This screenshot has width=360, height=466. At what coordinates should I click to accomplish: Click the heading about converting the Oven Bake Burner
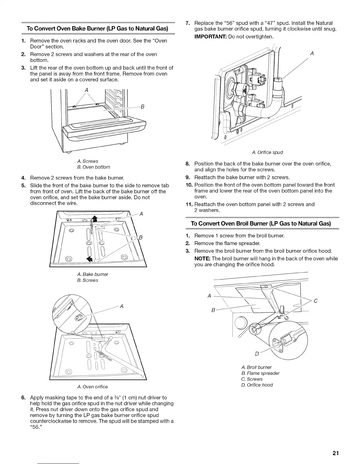coord(97,29)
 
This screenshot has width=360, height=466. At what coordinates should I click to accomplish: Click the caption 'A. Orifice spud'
coord(267,152)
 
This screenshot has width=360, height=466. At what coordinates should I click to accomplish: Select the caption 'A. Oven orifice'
coord(92,387)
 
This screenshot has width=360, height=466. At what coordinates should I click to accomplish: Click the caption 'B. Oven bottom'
coord(94,167)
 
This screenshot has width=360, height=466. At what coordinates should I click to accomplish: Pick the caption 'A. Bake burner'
coord(92,274)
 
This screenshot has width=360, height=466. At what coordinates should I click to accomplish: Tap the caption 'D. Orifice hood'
coord(257,385)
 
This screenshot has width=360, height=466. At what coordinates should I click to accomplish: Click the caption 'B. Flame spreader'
coord(260,373)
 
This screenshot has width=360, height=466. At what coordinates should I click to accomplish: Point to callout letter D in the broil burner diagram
coord(256,353)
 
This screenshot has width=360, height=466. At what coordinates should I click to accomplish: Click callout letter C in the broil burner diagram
coord(316,301)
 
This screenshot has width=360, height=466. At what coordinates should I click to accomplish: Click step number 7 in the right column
coord(189,23)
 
